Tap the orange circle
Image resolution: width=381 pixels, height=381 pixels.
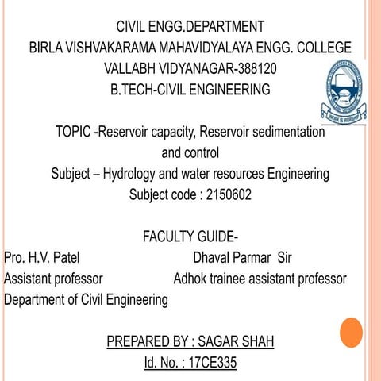tap(351, 332)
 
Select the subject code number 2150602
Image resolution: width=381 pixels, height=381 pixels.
tap(229, 194)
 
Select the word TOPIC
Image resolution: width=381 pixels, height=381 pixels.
tap(73, 133)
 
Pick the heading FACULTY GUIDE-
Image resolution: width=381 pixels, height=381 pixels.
tap(190, 237)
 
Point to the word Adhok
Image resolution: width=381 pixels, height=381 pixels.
tap(191, 279)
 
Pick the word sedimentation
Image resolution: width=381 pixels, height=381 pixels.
tap(280, 133)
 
